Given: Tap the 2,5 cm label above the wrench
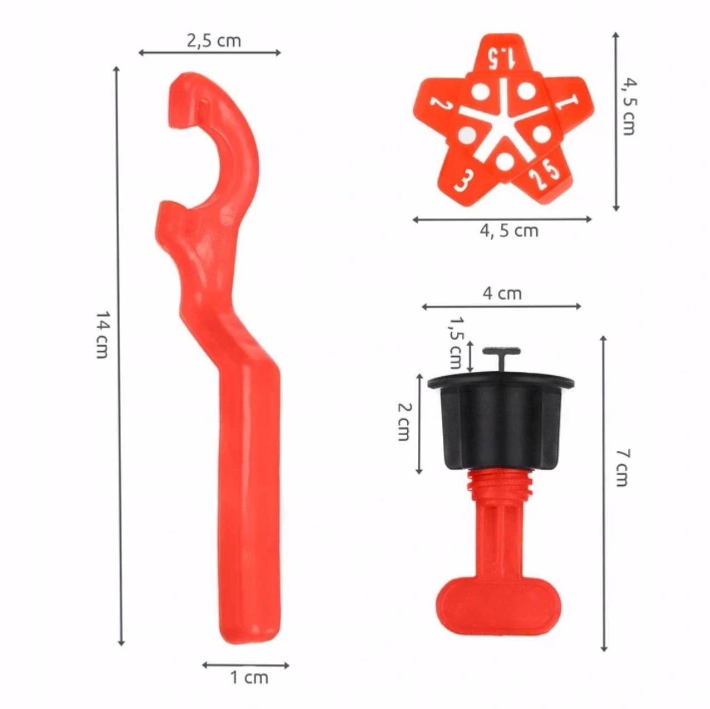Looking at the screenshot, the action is click(214, 41).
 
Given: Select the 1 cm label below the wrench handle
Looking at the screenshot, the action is click(249, 678).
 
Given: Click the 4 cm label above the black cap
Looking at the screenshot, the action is click(502, 294).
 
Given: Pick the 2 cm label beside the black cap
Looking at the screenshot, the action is click(404, 422).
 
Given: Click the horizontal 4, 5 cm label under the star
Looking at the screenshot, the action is click(509, 231).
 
